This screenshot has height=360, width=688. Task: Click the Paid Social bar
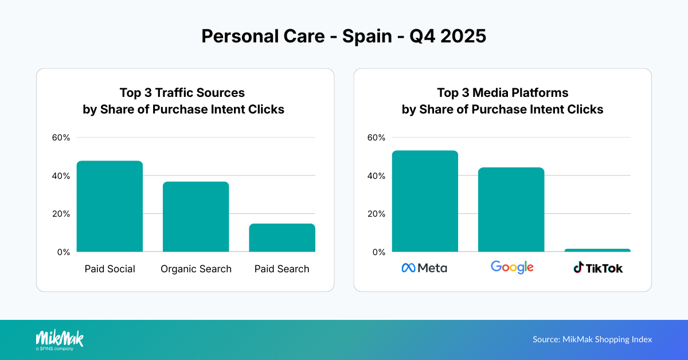pos(110,206)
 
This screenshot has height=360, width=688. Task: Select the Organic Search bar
pos(196,217)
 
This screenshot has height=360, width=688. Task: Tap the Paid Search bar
pos(282,237)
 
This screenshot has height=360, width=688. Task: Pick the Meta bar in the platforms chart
pos(425,201)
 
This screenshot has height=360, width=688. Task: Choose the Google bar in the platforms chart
pos(511,210)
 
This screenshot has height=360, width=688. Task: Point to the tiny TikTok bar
pos(597,251)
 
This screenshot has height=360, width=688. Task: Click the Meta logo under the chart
pos(424,268)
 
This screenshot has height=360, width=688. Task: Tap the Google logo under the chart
pos(512,267)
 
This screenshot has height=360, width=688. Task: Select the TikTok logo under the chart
pos(598,268)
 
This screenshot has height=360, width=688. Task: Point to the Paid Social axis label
pos(110,269)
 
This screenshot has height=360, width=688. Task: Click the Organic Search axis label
pos(196,269)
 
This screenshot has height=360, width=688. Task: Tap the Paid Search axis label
pos(282,269)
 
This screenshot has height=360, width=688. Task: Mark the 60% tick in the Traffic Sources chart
pos(61,138)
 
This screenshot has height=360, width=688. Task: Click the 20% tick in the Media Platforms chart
pos(376,214)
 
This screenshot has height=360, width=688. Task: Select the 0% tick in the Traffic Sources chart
pos(63,252)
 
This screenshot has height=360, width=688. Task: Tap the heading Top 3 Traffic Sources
pos(182,93)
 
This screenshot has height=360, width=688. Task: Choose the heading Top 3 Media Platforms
pos(502,93)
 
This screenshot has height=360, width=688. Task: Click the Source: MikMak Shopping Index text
pos(592,339)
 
